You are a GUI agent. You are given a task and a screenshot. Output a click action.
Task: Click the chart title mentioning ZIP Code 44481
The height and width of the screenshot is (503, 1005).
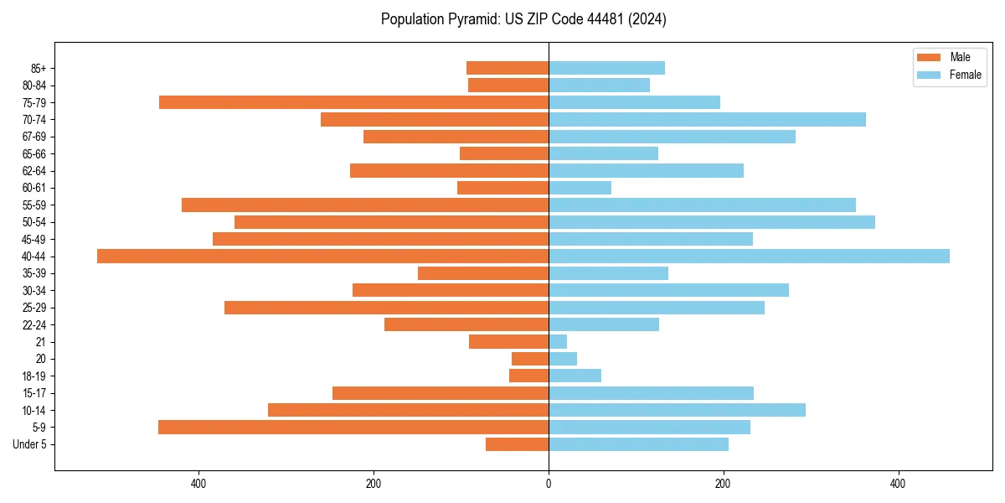523,19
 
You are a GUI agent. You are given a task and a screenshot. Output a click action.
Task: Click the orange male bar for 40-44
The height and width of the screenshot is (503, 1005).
322,257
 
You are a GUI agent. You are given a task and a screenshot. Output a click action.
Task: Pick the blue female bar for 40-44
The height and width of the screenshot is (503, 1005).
749,257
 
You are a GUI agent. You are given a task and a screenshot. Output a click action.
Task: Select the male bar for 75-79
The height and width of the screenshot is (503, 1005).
353,102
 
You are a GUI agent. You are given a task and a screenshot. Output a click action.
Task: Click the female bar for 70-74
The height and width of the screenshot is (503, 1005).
707,120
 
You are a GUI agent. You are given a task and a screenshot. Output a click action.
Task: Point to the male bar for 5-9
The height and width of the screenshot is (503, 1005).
353,428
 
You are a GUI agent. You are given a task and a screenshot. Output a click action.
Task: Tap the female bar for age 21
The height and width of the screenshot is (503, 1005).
558,342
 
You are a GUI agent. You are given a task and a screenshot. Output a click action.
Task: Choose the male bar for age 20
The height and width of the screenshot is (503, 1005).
530,359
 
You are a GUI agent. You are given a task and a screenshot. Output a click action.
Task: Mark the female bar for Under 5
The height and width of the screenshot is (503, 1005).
638,444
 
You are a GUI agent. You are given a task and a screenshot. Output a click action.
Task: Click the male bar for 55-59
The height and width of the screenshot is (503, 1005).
365,205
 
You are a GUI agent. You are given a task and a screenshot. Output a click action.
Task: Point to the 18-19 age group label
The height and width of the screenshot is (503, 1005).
33,376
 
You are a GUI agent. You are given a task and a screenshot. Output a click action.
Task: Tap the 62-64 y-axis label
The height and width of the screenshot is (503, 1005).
33,171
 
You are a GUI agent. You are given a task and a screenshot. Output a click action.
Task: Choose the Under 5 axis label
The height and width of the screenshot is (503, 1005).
29,444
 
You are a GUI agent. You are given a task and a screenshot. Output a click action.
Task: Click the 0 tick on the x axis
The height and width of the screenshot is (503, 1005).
549,484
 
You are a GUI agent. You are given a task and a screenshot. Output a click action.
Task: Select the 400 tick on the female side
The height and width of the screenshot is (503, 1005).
898,484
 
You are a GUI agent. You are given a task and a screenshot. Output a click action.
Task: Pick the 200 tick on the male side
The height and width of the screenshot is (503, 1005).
374,484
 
